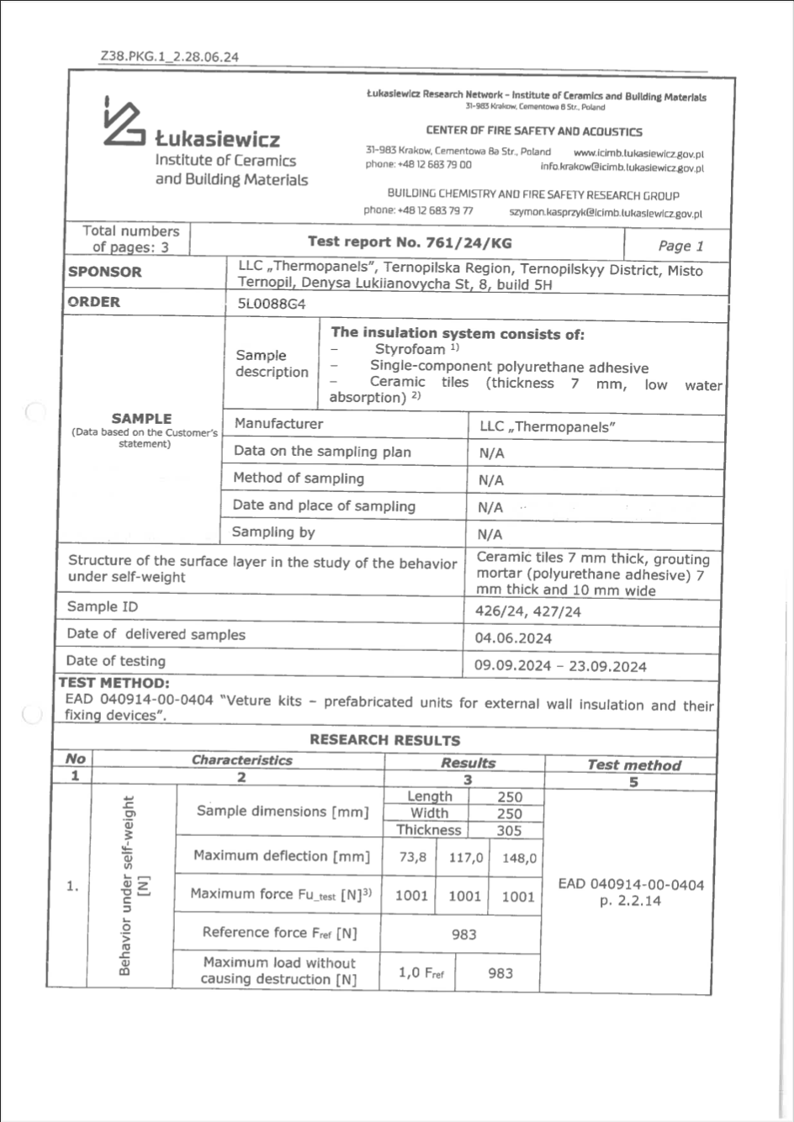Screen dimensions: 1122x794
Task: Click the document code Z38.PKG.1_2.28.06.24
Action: (169, 57)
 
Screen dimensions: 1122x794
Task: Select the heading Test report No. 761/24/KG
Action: (409, 242)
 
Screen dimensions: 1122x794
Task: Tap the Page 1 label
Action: (680, 246)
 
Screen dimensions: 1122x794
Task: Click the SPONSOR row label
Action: (105, 272)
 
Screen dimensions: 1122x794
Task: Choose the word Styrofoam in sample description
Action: (410, 349)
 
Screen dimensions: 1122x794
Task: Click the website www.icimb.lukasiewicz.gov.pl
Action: (638, 154)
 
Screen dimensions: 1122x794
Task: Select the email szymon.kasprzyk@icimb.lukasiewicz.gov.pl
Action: (606, 214)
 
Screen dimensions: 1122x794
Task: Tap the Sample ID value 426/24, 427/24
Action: (527, 611)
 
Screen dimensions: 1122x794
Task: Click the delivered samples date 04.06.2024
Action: (513, 638)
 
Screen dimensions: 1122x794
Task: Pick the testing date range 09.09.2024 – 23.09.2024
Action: (560, 666)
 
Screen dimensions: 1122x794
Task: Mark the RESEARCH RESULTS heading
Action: (384, 740)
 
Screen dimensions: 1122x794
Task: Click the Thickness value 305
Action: (509, 831)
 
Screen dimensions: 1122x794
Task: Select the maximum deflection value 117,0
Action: (466, 858)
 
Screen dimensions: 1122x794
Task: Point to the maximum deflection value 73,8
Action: (412, 858)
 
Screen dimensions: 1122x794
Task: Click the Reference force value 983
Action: (463, 934)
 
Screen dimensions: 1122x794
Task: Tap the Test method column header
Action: (633, 765)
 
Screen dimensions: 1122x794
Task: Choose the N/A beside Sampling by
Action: (490, 534)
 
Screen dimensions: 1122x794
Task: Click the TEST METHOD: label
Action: (114, 683)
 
